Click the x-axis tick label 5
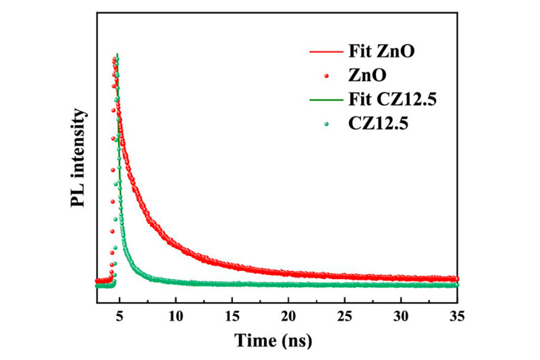coord(119,316)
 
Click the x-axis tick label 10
coord(175,316)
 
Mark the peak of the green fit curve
coord(118,54)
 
